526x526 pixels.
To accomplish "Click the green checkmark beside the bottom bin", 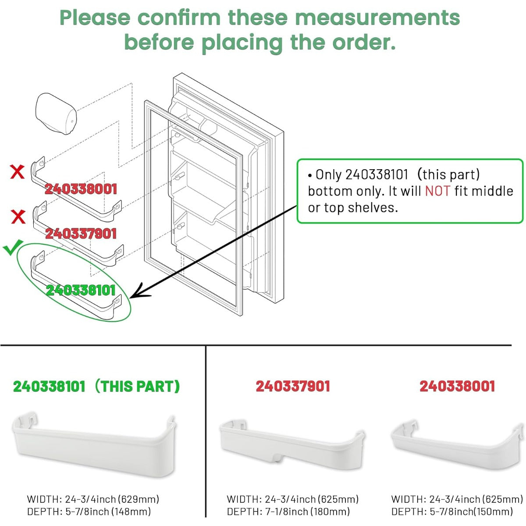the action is click(12, 247).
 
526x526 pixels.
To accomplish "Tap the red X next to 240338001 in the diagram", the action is click(17, 172).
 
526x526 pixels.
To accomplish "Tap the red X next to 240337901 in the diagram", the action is click(18, 217).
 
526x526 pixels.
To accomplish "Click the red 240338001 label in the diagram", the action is click(81, 189).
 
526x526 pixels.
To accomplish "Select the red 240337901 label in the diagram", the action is click(81, 233).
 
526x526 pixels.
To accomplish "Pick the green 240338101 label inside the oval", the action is click(81, 290).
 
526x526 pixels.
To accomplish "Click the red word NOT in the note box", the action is click(437, 191).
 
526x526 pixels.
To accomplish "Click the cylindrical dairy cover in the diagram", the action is click(56, 113).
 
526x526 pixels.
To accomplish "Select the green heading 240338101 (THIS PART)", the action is click(96, 386).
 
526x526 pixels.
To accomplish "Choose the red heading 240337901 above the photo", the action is click(293, 386).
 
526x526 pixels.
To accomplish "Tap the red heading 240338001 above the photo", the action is click(457, 386).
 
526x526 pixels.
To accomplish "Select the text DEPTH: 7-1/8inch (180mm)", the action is click(288, 511).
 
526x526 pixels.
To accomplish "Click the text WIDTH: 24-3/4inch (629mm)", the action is click(93, 499).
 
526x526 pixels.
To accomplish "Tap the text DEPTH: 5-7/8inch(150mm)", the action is click(452, 511).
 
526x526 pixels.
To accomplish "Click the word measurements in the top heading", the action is click(377, 18).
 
